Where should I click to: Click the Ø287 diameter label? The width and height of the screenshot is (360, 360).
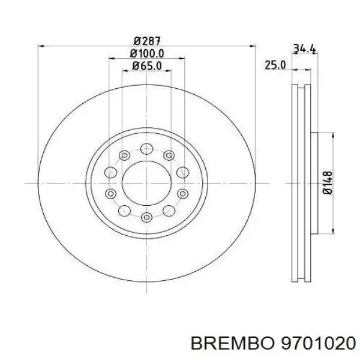tap(146, 41)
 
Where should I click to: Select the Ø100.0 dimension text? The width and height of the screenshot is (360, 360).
tap(146, 54)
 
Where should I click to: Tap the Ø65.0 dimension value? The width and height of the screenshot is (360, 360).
tap(146, 67)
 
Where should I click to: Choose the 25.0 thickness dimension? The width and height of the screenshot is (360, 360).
tap(275, 65)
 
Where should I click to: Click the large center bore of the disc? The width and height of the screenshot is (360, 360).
tap(146, 182)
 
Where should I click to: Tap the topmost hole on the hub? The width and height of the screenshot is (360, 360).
tap(146, 149)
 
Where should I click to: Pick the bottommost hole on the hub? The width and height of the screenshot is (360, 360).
tap(146, 216)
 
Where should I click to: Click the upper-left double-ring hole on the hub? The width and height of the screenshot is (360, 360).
tap(124, 155)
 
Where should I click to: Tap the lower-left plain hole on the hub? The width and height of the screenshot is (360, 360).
tap(124, 209)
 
